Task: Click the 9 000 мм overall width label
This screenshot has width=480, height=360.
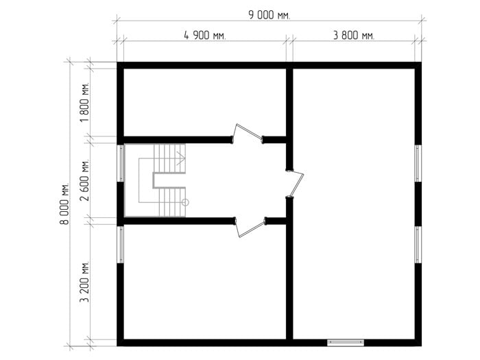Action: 269,15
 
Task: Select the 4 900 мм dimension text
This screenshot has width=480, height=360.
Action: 205,36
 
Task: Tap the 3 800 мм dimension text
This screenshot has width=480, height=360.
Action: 354,36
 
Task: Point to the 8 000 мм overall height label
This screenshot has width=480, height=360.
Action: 64,204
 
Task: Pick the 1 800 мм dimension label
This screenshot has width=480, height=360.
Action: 84,102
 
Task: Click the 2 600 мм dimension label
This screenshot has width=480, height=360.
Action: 84,180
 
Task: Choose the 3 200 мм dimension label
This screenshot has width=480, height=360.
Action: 84,282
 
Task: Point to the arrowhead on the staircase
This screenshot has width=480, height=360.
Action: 181,158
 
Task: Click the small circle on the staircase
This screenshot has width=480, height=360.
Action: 185,202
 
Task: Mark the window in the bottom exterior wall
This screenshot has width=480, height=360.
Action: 346,343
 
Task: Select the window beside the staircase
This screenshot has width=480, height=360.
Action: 121,163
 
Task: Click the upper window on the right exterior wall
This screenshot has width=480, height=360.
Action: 418,163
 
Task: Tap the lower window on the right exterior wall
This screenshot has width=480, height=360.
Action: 418,245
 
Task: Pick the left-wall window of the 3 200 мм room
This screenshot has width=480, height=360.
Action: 121,244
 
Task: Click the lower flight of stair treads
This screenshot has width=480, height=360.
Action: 172,202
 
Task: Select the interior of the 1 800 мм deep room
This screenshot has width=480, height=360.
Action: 204,102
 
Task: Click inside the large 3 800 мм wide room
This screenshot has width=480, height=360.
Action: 354,204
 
